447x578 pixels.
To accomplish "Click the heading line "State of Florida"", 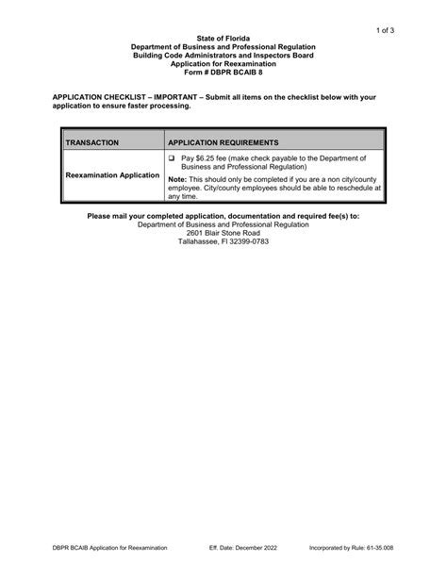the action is [x=223, y=38].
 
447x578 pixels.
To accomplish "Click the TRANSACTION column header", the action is [x=92, y=142].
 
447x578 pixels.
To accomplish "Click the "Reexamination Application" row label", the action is [x=112, y=175].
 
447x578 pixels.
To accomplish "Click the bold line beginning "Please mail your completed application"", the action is [x=223, y=216].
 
